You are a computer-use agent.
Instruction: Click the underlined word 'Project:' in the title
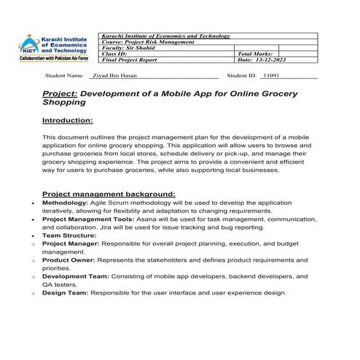(59, 94)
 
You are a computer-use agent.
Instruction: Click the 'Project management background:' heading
(109, 194)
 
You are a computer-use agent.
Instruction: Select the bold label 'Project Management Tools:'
(87, 219)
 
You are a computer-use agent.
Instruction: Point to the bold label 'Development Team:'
(75, 276)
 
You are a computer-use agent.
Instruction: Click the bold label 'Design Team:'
(65, 293)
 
